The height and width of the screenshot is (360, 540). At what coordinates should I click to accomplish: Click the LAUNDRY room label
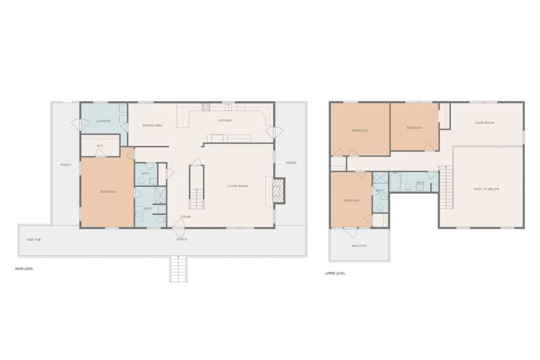coord(103,121)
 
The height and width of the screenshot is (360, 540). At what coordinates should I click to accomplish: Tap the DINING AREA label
coord(153,126)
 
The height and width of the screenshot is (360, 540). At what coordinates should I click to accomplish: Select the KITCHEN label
coord(225,120)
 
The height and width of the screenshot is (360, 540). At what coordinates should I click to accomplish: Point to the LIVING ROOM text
coord(238,186)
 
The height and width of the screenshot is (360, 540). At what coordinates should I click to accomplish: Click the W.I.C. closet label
coord(100,146)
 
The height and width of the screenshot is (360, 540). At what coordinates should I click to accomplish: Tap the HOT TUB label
coord(34,240)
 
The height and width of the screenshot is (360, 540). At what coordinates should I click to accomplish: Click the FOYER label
coord(185,217)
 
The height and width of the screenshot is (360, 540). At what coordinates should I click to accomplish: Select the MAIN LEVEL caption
coord(24,269)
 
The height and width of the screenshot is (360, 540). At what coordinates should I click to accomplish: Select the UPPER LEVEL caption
coord(335,274)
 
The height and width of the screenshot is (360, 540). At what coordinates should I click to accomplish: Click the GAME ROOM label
coord(485,123)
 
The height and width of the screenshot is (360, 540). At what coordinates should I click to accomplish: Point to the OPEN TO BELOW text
coord(486,189)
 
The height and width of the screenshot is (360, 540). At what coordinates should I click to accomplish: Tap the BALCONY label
coord(359,246)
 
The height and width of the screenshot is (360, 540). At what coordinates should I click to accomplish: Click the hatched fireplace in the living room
coord(279,191)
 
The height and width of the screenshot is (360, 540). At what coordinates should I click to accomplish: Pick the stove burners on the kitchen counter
coord(206,107)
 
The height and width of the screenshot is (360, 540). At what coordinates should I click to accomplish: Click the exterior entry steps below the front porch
coord(178,269)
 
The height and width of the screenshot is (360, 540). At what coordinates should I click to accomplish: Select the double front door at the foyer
coord(179,228)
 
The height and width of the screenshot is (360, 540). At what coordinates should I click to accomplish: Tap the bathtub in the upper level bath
coord(395,182)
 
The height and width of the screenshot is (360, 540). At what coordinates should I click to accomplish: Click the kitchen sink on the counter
coord(228,107)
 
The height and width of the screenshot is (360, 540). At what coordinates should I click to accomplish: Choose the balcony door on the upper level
coord(351,232)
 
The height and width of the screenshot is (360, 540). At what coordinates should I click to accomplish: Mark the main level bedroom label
coord(108,192)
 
